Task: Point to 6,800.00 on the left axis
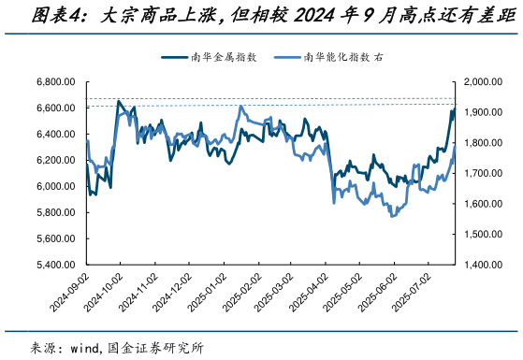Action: coord(55,82)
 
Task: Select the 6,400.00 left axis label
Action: coord(55,135)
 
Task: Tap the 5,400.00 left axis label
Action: coord(55,265)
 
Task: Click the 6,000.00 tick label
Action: coord(55,186)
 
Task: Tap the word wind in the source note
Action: coord(86,348)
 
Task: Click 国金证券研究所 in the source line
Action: coord(156,348)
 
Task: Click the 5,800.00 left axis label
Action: coord(55,212)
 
